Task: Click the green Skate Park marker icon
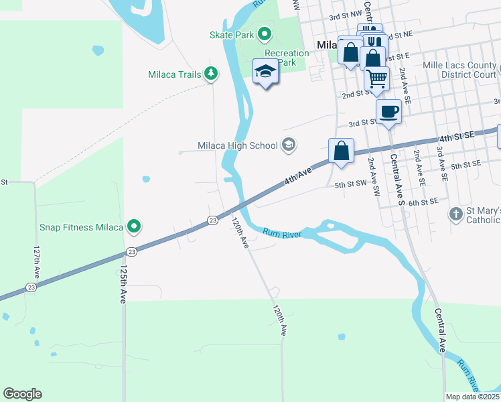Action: tap(265, 33)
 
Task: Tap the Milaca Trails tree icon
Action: tap(211, 74)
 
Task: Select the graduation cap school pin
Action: tap(265, 72)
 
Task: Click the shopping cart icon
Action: tap(377, 78)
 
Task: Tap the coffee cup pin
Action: tap(388, 111)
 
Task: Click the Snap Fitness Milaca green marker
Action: tap(134, 227)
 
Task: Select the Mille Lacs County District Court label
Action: tap(459, 70)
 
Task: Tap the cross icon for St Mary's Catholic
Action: tap(455, 214)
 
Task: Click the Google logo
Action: tap(22, 394)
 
